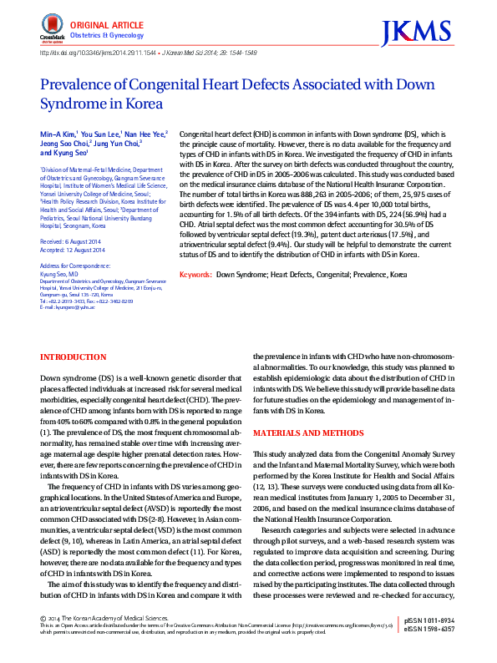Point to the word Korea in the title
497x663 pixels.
122,104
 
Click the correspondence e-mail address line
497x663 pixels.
69,308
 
